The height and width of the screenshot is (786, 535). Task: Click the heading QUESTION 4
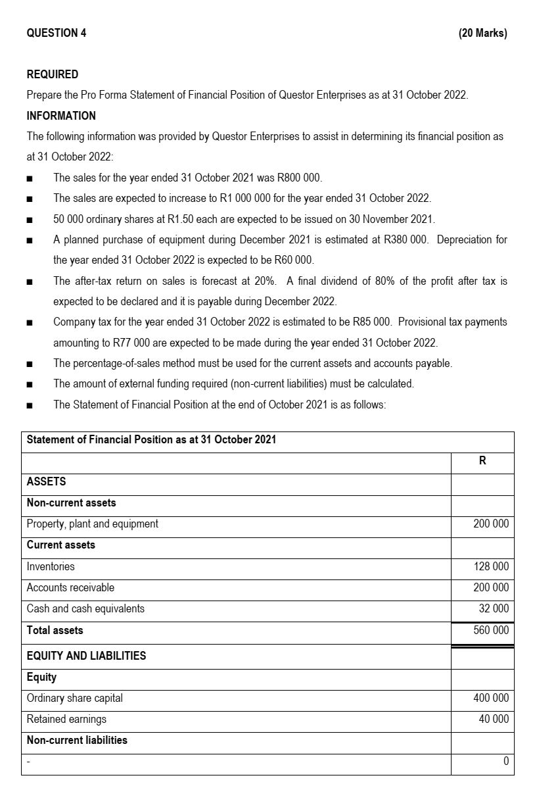click(x=56, y=33)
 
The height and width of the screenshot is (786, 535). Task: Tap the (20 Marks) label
click(x=482, y=33)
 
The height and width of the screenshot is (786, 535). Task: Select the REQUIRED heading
click(x=52, y=74)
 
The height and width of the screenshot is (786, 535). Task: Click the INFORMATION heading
click(x=61, y=116)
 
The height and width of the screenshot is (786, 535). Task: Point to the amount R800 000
click(x=299, y=178)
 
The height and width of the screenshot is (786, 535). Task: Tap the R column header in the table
click(x=482, y=461)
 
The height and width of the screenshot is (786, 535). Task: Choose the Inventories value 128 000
click(x=491, y=566)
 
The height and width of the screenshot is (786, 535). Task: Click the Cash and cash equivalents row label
click(x=85, y=608)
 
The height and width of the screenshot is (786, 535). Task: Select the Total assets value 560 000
click(x=491, y=630)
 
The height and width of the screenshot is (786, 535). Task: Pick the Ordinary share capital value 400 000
click(x=491, y=698)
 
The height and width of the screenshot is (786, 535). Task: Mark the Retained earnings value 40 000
click(x=494, y=719)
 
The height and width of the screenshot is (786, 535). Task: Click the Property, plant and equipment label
click(x=92, y=524)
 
